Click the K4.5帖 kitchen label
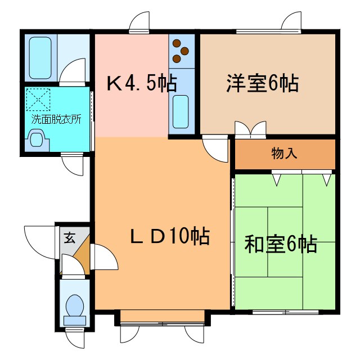pos(141,84)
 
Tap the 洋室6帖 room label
pos(262,84)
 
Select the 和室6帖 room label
pos(280,244)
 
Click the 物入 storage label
pos(284,153)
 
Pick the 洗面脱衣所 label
pos(56,119)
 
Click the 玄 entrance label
pos(69,237)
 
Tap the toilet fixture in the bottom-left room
pos(74,309)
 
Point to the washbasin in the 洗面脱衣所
pos(38,138)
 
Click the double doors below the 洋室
pos(251,129)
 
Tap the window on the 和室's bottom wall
pos(286,311)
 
